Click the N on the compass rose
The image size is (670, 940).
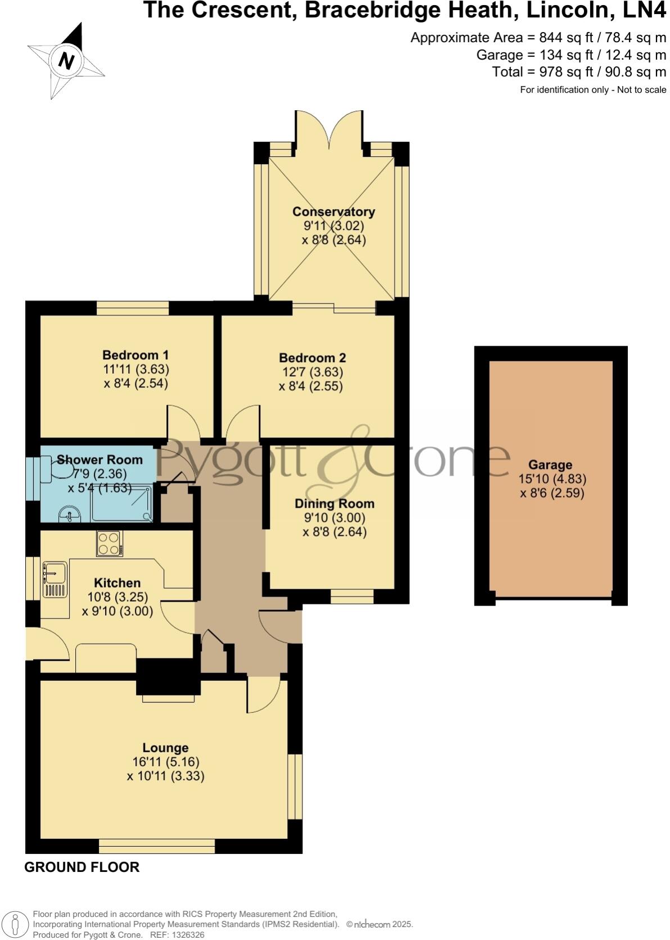point(67,60)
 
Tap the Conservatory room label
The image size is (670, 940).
point(333,212)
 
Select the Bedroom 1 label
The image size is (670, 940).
point(135,355)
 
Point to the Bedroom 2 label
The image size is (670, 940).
point(312,358)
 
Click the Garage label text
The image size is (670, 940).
point(550,465)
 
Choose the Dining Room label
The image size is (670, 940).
point(334,504)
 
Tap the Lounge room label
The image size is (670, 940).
point(165,748)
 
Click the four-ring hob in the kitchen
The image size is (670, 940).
point(109,544)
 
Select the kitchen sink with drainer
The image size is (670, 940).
point(55,579)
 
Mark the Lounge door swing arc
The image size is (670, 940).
point(263,695)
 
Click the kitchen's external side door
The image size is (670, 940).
point(47,644)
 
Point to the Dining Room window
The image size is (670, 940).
point(352,596)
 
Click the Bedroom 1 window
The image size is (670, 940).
point(133,308)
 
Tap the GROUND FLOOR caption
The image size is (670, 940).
point(82,867)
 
